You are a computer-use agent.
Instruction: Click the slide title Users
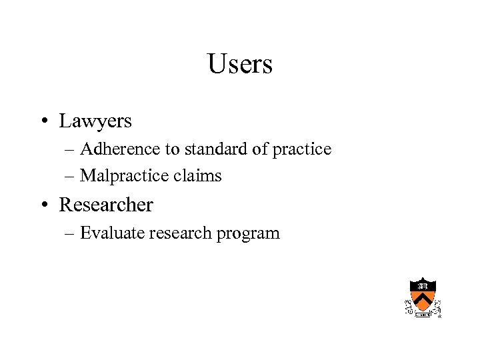pyautogui.click(x=240, y=65)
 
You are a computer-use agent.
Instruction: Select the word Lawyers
pyautogui.click(x=95, y=121)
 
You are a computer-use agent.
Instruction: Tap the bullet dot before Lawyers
pyautogui.click(x=42, y=122)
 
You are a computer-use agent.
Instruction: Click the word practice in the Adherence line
pyautogui.click(x=301, y=149)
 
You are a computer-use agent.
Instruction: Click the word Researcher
pyautogui.click(x=106, y=205)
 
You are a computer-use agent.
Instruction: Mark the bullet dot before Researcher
pyautogui.click(x=42, y=205)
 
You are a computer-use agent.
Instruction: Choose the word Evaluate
pyautogui.click(x=111, y=233)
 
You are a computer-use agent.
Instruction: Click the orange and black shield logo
pyautogui.click(x=423, y=297)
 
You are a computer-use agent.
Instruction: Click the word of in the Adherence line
pyautogui.click(x=260, y=149)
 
